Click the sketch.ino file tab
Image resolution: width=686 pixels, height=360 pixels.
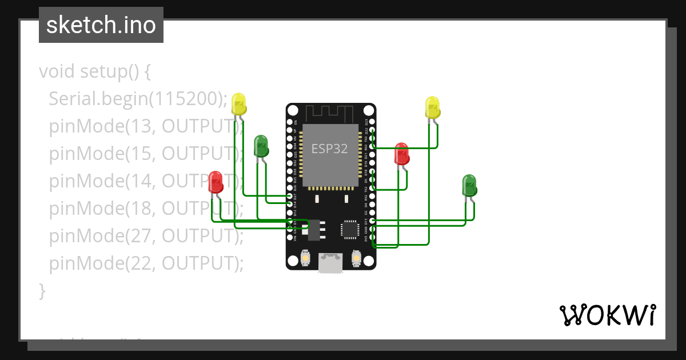coord(101,26)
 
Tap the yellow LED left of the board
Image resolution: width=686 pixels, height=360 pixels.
coord(239,105)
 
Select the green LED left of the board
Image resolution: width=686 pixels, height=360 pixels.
coord(261,146)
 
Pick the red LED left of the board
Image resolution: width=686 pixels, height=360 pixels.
coord(216,182)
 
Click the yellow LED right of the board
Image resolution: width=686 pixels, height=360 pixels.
coord(433,108)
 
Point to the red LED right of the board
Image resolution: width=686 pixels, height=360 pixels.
coord(402,154)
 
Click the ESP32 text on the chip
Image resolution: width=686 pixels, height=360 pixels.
coord(329,149)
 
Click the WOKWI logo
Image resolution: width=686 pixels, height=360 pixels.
coord(607,315)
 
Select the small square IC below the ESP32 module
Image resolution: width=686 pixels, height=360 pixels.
coord(350,229)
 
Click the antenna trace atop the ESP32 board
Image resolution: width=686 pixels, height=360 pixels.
coord(330,113)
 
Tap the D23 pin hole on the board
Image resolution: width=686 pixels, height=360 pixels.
coord(372,122)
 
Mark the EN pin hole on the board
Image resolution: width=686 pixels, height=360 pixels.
coord(290,122)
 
